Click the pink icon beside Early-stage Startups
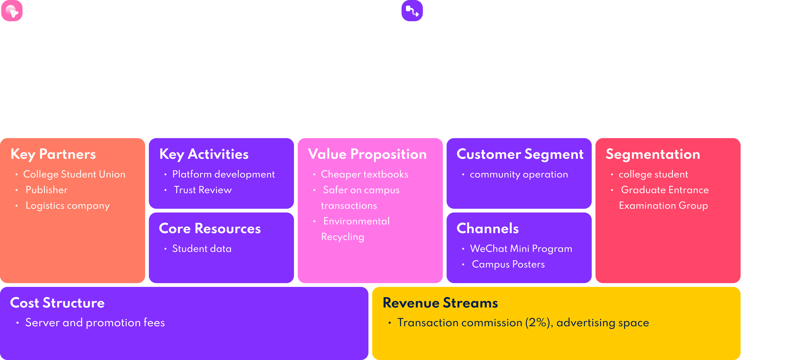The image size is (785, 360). (12, 11)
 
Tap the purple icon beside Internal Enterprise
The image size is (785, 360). (412, 11)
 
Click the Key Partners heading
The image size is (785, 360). (53, 154)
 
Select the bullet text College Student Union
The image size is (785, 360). (74, 174)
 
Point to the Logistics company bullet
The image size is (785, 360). (67, 206)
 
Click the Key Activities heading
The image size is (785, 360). (204, 154)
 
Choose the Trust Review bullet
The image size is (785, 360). (203, 190)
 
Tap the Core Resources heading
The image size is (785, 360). (210, 228)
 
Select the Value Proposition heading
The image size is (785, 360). (367, 154)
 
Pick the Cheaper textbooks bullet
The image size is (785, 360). (365, 174)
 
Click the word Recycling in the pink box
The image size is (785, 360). (342, 237)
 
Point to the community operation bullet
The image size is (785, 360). (519, 175)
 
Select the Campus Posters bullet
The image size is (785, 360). (508, 264)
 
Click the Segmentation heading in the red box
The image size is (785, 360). (653, 154)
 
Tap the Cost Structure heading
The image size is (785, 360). (57, 303)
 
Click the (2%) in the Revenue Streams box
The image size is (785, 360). (537, 322)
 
